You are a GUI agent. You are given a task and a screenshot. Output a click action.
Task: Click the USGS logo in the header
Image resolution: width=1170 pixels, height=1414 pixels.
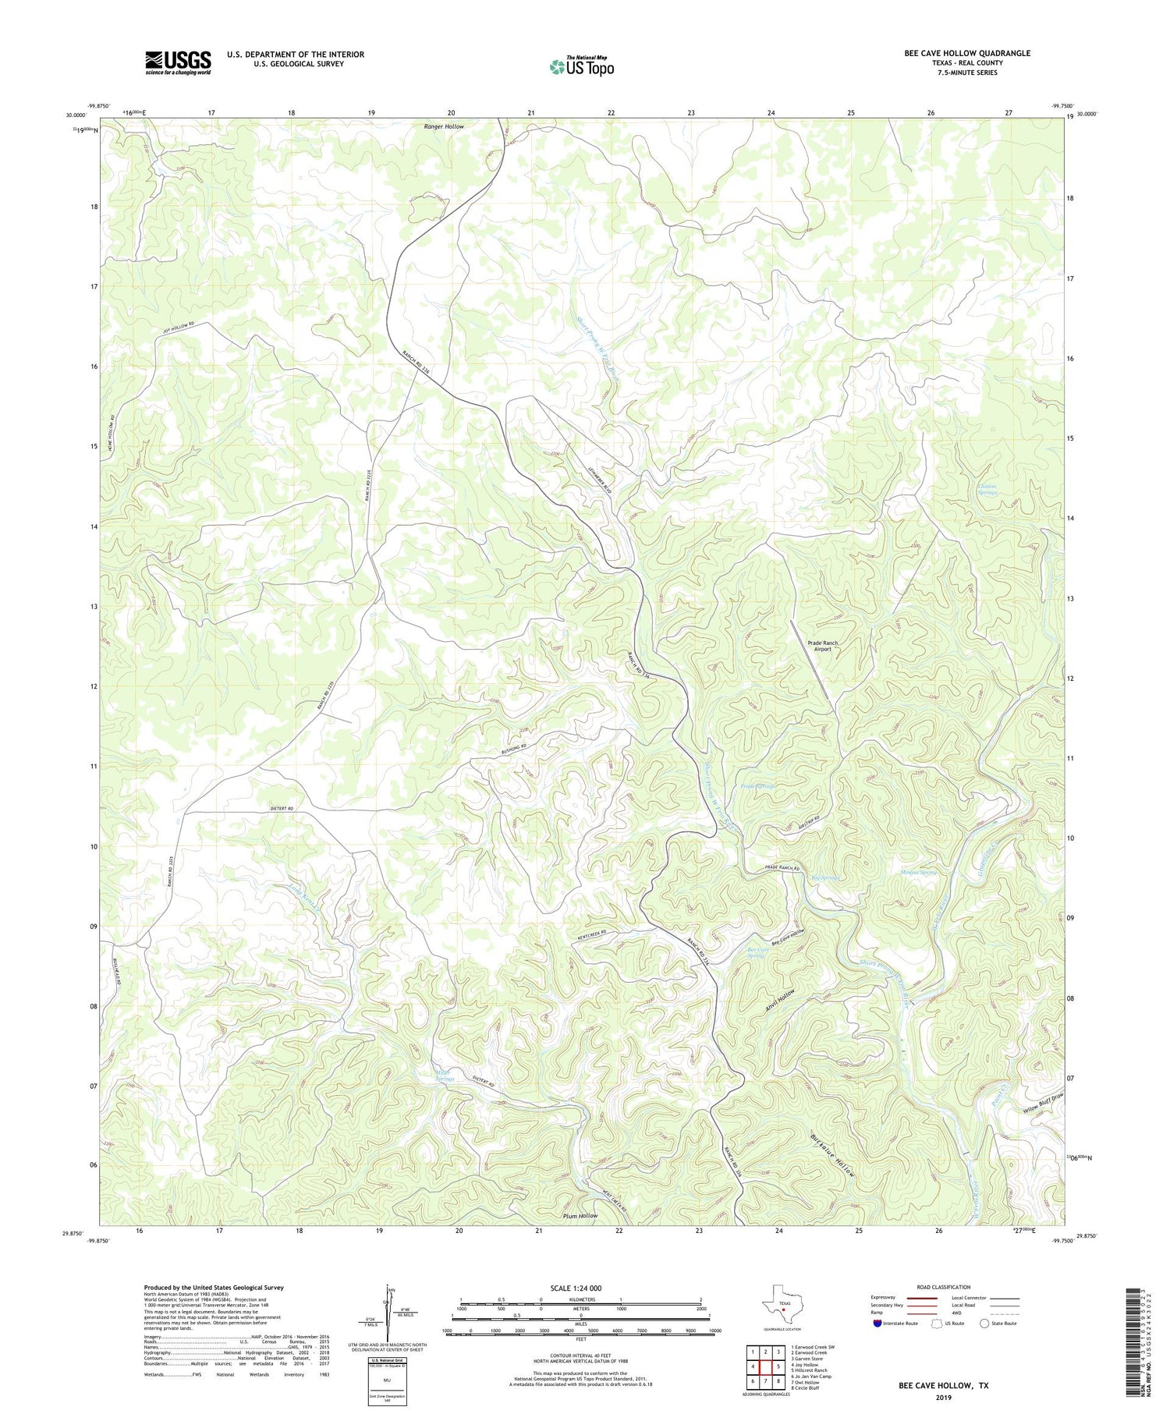(x=178, y=62)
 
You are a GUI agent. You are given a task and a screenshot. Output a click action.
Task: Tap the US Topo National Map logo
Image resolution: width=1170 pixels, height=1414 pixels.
(x=581, y=66)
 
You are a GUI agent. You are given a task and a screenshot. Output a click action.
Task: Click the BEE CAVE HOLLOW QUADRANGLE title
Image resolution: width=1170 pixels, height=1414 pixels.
(x=967, y=53)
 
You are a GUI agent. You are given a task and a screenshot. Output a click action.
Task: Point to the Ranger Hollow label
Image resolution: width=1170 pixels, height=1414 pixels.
(x=444, y=126)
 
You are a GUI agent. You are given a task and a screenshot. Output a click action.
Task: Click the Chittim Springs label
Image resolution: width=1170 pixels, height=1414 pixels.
(x=987, y=490)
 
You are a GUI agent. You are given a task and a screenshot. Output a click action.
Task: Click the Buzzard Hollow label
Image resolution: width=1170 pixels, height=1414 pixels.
(x=833, y=1155)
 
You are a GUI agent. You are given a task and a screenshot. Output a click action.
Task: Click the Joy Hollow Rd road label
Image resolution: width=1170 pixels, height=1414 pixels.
(x=178, y=328)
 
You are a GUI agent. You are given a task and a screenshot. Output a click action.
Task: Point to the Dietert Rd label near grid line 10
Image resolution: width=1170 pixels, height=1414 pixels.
(x=278, y=809)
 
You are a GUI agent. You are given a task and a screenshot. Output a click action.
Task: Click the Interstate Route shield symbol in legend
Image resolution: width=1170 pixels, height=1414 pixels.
(x=879, y=1324)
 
